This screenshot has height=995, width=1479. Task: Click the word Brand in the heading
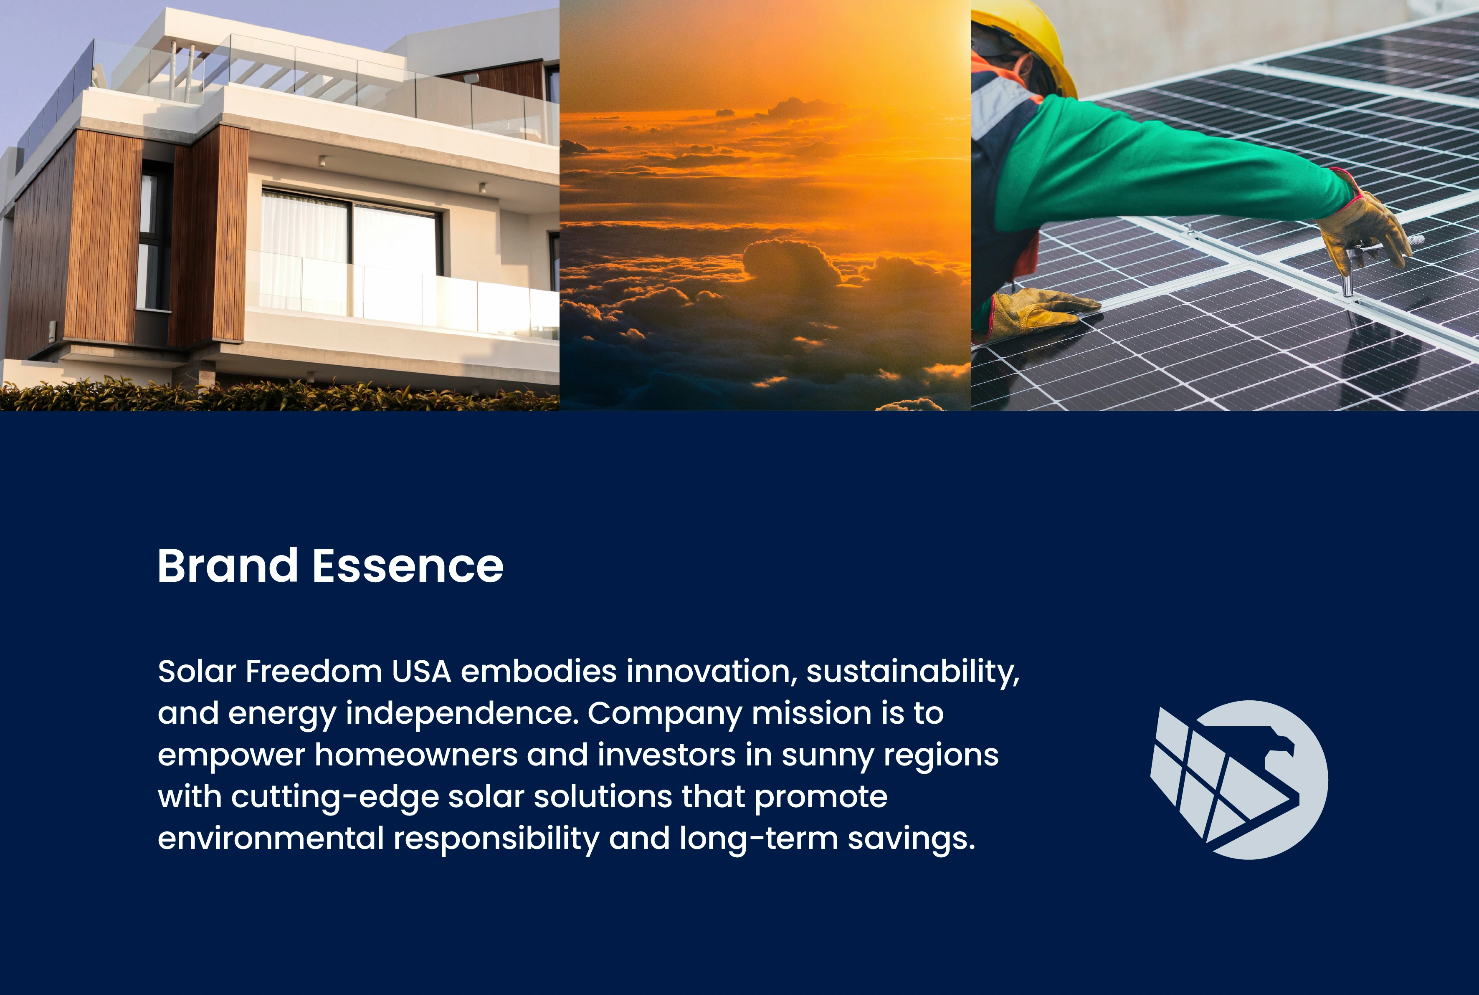point(227,566)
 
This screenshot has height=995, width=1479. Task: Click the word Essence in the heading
point(408,566)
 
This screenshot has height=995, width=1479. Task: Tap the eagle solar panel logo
point(1239,780)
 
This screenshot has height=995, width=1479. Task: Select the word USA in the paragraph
point(421,672)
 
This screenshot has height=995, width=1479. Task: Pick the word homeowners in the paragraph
point(416,755)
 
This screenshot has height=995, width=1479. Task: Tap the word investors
point(666,755)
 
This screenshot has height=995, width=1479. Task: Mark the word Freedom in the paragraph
point(314,672)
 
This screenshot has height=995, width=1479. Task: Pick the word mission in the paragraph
point(811,713)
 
